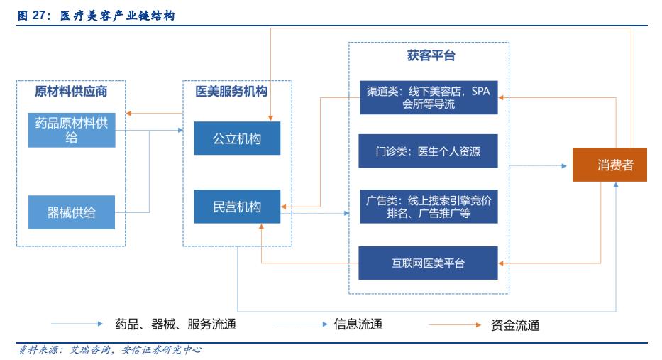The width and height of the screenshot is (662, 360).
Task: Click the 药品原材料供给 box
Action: coord(72,129)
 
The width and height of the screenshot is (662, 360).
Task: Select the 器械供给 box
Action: coord(72,212)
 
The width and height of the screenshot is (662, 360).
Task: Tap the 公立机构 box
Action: coord(237,138)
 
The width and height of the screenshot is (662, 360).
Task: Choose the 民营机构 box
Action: coord(237,207)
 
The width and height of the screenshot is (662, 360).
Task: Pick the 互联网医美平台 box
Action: coord(428,263)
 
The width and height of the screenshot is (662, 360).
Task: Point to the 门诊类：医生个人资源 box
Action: coord(428,151)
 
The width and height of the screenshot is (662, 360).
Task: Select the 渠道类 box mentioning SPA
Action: coord(428,97)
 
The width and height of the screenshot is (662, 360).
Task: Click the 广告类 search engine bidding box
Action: coord(428,206)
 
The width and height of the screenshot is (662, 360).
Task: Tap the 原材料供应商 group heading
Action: coord(71,90)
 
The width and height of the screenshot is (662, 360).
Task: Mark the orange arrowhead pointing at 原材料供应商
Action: coord(128,114)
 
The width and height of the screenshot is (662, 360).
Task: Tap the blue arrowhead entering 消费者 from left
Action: coord(566,165)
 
